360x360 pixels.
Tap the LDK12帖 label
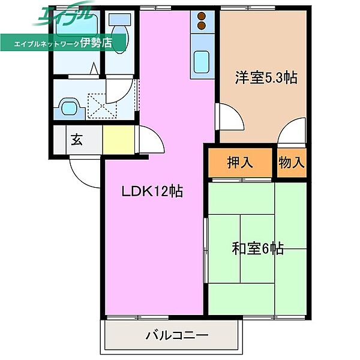pos(152,192)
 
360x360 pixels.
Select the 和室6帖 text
pos(257,248)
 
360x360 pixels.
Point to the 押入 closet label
pos(241,162)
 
